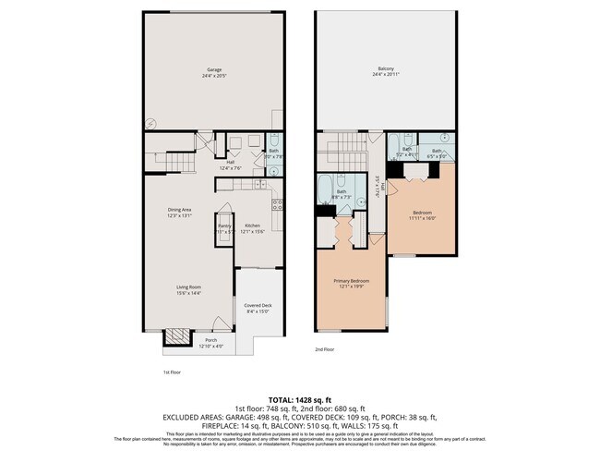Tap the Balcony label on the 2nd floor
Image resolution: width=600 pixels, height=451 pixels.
386,68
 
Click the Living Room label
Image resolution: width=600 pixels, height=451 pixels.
189,287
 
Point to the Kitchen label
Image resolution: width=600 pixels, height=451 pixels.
252,225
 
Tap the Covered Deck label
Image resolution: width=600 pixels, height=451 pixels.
258,305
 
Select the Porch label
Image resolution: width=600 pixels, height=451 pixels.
211,340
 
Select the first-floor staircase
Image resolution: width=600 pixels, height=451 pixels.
182,164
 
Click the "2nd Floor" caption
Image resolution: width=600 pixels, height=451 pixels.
325,350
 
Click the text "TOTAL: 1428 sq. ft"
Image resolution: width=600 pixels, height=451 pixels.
299,398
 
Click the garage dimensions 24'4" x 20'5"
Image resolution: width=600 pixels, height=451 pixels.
213,75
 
